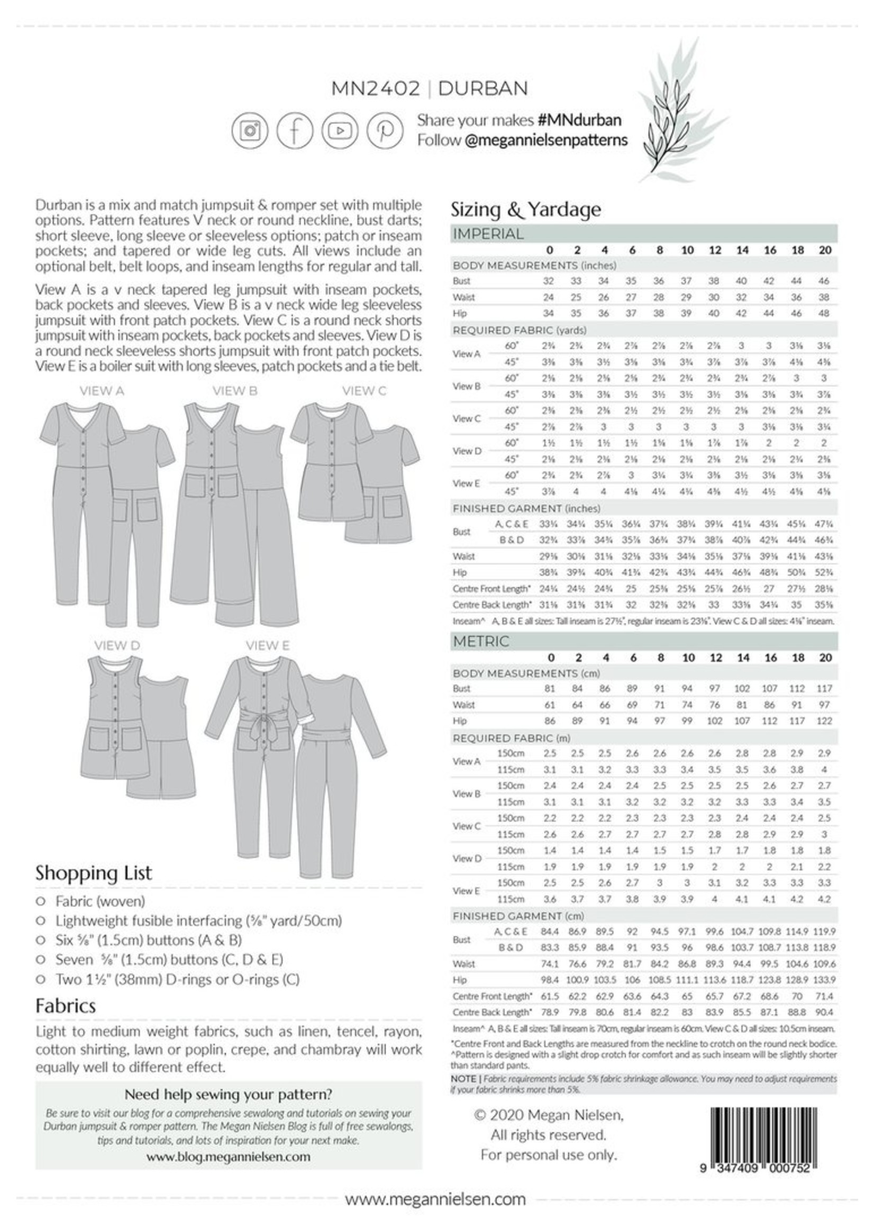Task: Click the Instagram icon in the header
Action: pos(249,130)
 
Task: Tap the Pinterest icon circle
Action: pos(384,130)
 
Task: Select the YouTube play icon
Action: pos(340,130)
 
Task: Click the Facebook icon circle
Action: pos(294,130)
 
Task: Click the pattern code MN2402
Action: pos(375,88)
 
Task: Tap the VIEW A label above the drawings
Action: pos(102,391)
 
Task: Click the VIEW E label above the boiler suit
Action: pos(268,646)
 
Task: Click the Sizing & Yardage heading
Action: pos(525,210)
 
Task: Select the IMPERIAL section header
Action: pos(488,234)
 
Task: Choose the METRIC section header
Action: pos(480,641)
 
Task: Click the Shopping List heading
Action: pos(94,873)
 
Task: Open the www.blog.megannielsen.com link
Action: pos(228,1156)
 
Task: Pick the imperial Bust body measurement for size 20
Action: pos(824,281)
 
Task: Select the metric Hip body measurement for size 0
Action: pos(550,721)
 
